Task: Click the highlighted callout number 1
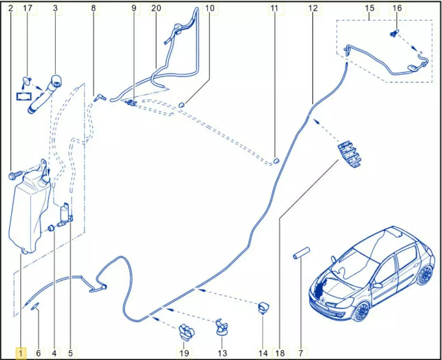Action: pyautogui.click(x=20, y=353)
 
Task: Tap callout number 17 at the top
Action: pyautogui.click(x=27, y=8)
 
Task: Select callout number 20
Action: pyautogui.click(x=156, y=8)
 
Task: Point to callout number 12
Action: pyautogui.click(x=313, y=8)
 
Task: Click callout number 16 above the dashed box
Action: pyautogui.click(x=397, y=8)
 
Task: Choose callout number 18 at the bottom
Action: pyautogui.click(x=280, y=353)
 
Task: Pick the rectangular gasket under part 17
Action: pyautogui.click(x=23, y=96)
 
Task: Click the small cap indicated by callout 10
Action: pyautogui.click(x=182, y=105)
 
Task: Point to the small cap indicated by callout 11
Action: pyautogui.click(x=276, y=161)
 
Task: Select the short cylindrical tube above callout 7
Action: pyautogui.click(x=301, y=253)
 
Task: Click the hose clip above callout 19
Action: pyautogui.click(x=187, y=332)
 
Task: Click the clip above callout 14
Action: pyautogui.click(x=263, y=307)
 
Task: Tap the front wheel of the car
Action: pyautogui.click(x=361, y=311)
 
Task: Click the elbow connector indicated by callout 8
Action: pyautogui.click(x=99, y=97)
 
